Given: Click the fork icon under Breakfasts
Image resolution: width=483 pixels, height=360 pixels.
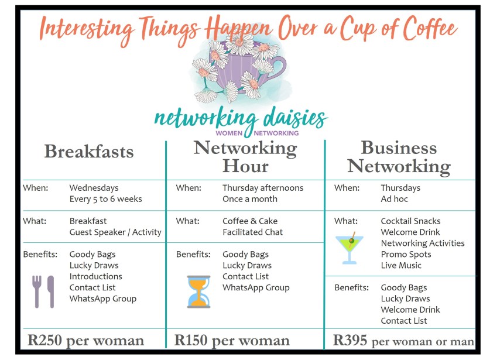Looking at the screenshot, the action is coord(37,292).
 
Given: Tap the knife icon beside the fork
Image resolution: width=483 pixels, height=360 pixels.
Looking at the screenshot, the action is coord(51,292).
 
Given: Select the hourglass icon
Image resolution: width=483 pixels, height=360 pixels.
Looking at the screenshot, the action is coord(198,292).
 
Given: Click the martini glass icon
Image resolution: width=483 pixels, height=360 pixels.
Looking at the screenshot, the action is coord(350,248).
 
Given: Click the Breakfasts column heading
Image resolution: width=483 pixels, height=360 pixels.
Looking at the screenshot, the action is coord(89,151).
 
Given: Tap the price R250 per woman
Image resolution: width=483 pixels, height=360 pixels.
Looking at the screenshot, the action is coord(85,341).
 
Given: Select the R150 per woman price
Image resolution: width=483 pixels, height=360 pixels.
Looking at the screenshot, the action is coord(232,341).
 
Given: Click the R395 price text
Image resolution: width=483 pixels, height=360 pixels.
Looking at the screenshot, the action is coord(350,341).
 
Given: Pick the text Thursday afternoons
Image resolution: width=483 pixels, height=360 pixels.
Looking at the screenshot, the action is coord(263,187).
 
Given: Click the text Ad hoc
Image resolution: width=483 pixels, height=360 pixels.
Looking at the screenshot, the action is coord(394,199).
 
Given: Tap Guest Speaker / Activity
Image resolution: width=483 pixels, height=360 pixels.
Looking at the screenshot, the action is coord(115,232).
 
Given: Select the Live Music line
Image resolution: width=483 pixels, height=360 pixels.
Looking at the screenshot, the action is coord(401,265).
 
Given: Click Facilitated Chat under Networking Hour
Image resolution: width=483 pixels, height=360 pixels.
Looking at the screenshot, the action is coord(252,232).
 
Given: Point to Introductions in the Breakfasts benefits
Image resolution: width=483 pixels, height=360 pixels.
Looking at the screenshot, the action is coord(96,276).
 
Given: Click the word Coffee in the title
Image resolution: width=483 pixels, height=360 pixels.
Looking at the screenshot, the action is coord(431,28).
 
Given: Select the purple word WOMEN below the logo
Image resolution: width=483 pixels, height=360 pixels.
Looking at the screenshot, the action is coord(229,133).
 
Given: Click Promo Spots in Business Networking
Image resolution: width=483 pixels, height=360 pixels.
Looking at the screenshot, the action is coord(406,255).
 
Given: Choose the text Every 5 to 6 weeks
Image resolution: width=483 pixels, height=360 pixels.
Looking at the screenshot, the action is coord(105,199).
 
